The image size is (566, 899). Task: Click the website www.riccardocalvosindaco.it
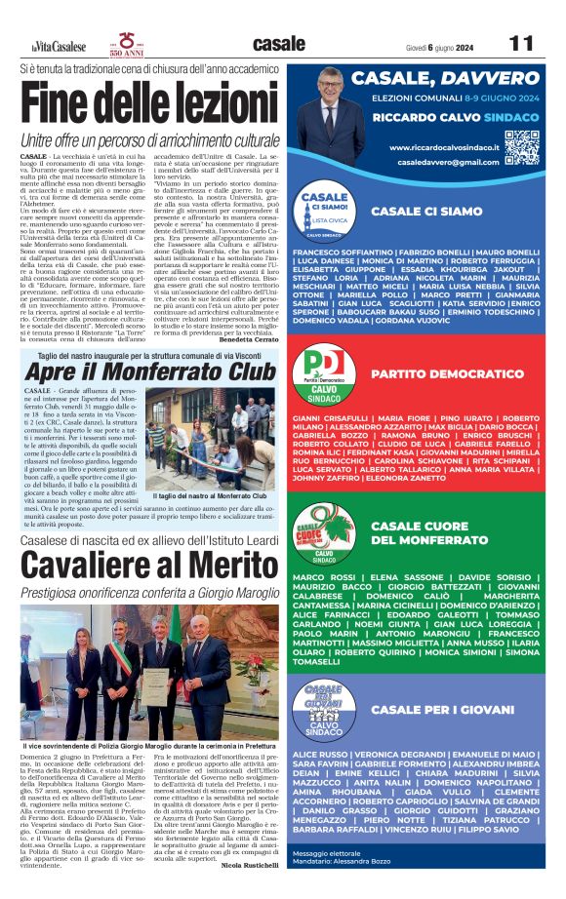tap(444, 147)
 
